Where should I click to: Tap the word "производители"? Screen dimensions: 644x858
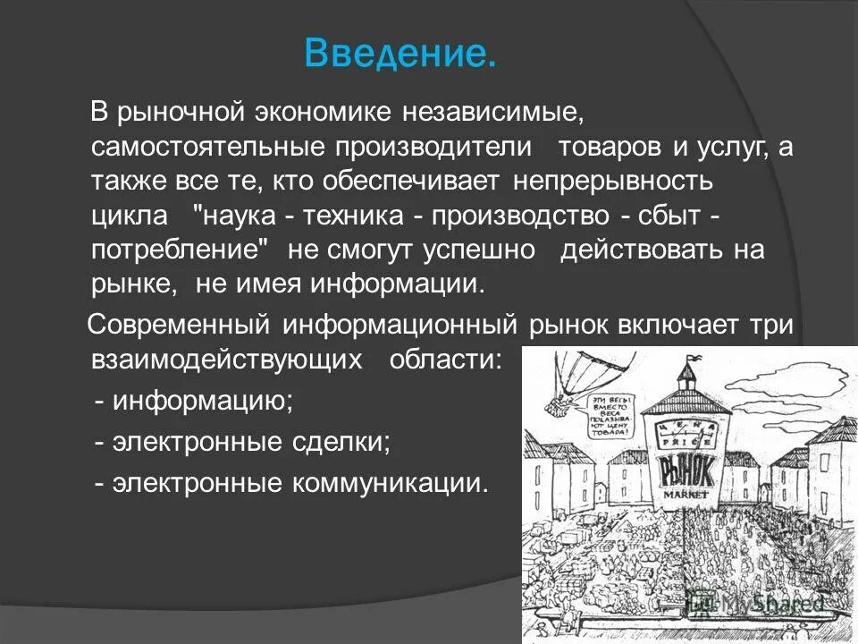point(432,148)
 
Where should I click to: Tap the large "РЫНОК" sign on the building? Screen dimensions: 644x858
point(686,469)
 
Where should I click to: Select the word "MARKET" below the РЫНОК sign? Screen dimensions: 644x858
point(686,494)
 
